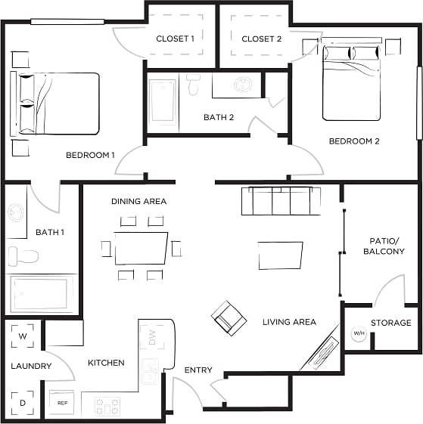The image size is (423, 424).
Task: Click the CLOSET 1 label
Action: [176, 39]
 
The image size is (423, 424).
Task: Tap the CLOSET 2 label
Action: [261, 39]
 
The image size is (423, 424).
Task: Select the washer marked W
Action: [22, 336]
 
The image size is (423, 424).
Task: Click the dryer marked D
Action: [22, 403]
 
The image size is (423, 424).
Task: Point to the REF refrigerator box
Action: [62, 403]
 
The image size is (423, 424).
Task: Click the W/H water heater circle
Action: [358, 333]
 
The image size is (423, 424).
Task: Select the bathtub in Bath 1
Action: [42, 293]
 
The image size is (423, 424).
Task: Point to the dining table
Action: [141, 248]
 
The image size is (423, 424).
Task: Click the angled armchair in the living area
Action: [228, 317]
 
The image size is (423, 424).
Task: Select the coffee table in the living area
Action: [280, 255]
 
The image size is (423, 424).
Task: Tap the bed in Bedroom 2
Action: [350, 82]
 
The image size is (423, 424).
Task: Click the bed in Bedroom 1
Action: [57, 104]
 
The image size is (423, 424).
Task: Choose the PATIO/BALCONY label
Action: [384, 246]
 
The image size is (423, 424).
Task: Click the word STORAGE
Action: [391, 323]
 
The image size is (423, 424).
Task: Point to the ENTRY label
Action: [198, 370]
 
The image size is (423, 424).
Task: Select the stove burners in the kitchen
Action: [107, 405]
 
